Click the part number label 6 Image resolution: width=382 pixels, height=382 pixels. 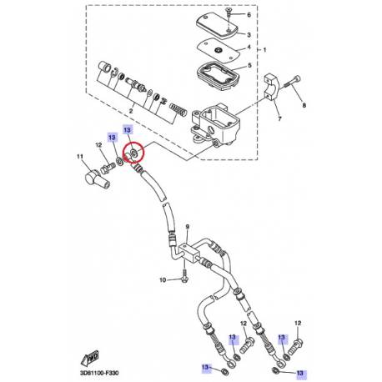(248, 15)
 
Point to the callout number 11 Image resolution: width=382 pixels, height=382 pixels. (81, 156)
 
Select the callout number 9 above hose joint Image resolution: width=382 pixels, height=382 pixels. (188, 226)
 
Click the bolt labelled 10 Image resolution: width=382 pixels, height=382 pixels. (183, 279)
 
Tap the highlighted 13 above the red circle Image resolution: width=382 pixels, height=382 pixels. (128, 131)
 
